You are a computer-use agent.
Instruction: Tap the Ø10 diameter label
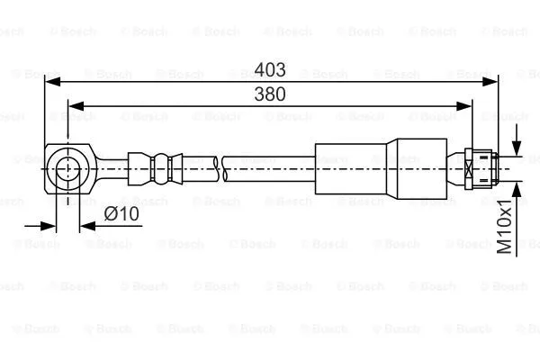click(x=120, y=213)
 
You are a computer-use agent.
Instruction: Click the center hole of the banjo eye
click(x=67, y=167)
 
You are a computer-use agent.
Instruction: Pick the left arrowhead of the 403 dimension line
click(x=52, y=82)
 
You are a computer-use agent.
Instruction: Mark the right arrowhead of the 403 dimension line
click(x=492, y=82)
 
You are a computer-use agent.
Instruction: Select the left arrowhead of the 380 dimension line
click(x=75, y=105)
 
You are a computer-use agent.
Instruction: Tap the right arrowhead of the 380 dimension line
click(x=469, y=105)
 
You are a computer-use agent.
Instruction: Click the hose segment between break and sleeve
click(x=270, y=167)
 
